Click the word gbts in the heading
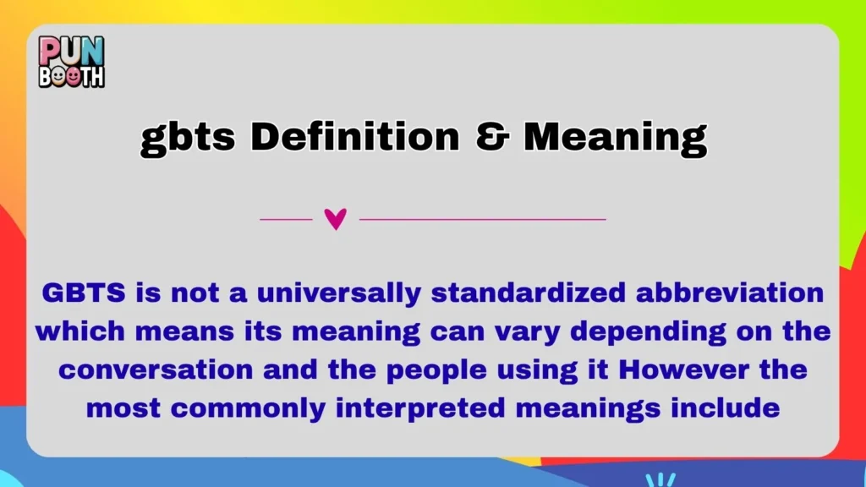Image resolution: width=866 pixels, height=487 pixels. click(187, 138)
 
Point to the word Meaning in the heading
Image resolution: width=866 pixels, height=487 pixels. click(615, 138)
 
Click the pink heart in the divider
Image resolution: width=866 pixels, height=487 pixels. click(336, 220)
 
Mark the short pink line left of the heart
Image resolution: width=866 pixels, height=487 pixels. click(286, 220)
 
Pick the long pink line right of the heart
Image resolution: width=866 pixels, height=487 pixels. click(482, 220)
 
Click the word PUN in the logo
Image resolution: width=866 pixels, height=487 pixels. click(72, 51)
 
